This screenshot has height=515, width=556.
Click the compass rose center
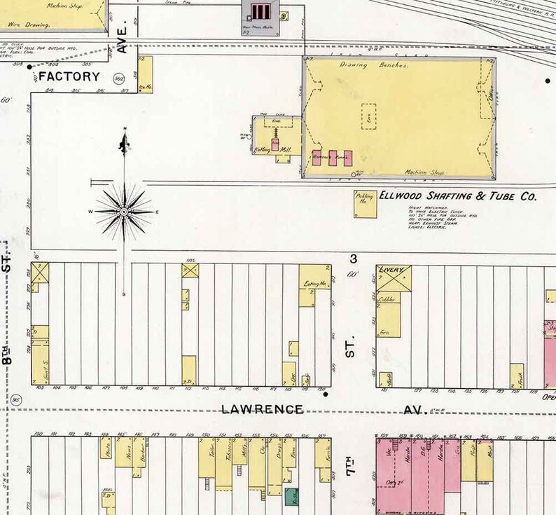124,211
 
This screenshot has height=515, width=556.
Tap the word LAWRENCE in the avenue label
263,409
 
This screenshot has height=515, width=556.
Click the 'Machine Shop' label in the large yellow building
425,172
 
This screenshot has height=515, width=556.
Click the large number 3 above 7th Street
354,259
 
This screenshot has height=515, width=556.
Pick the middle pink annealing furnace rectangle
333,157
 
